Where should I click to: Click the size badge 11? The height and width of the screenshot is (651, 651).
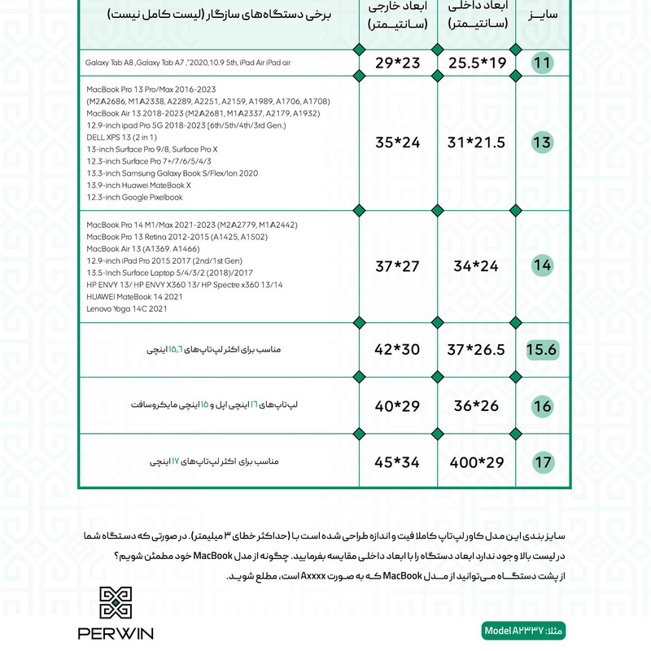click(543, 63)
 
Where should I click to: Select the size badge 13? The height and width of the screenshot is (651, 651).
click(542, 143)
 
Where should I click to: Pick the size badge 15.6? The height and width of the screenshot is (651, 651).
click(542, 350)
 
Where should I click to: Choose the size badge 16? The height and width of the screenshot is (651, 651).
click(543, 406)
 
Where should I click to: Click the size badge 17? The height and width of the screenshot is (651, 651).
click(543, 463)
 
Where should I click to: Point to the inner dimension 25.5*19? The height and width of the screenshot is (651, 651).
click(476, 63)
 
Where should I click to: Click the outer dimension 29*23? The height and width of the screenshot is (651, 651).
click(397, 63)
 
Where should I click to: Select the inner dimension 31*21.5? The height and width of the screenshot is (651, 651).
click(476, 143)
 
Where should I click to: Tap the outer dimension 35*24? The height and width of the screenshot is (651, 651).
click(397, 143)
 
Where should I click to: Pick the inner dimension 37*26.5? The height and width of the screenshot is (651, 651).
click(476, 350)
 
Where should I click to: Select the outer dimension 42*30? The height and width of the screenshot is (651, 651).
click(397, 350)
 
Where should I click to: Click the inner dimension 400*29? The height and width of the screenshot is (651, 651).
click(476, 463)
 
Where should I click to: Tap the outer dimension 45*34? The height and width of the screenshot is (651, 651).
click(397, 463)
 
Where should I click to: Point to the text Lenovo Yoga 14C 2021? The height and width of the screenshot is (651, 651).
click(126, 309)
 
